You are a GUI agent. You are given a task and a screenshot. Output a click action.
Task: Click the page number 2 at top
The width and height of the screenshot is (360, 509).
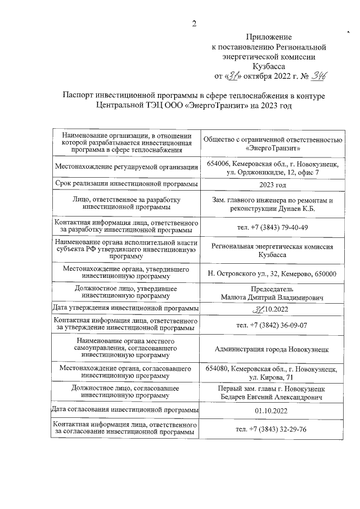194,23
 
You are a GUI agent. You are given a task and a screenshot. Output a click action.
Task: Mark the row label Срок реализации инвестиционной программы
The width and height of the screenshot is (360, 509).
126,184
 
